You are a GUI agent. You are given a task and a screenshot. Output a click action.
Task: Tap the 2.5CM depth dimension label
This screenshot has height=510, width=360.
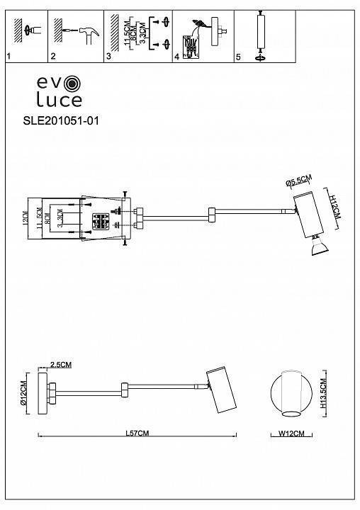(x=62, y=365)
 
